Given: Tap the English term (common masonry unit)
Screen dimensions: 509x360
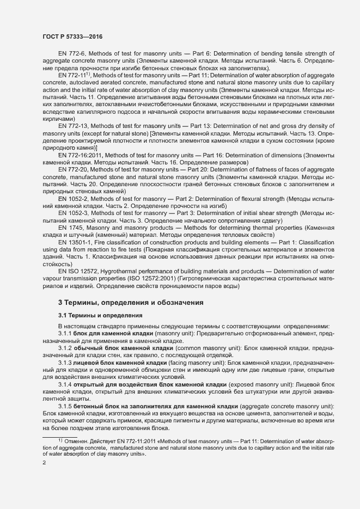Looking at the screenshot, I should point(193,347).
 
